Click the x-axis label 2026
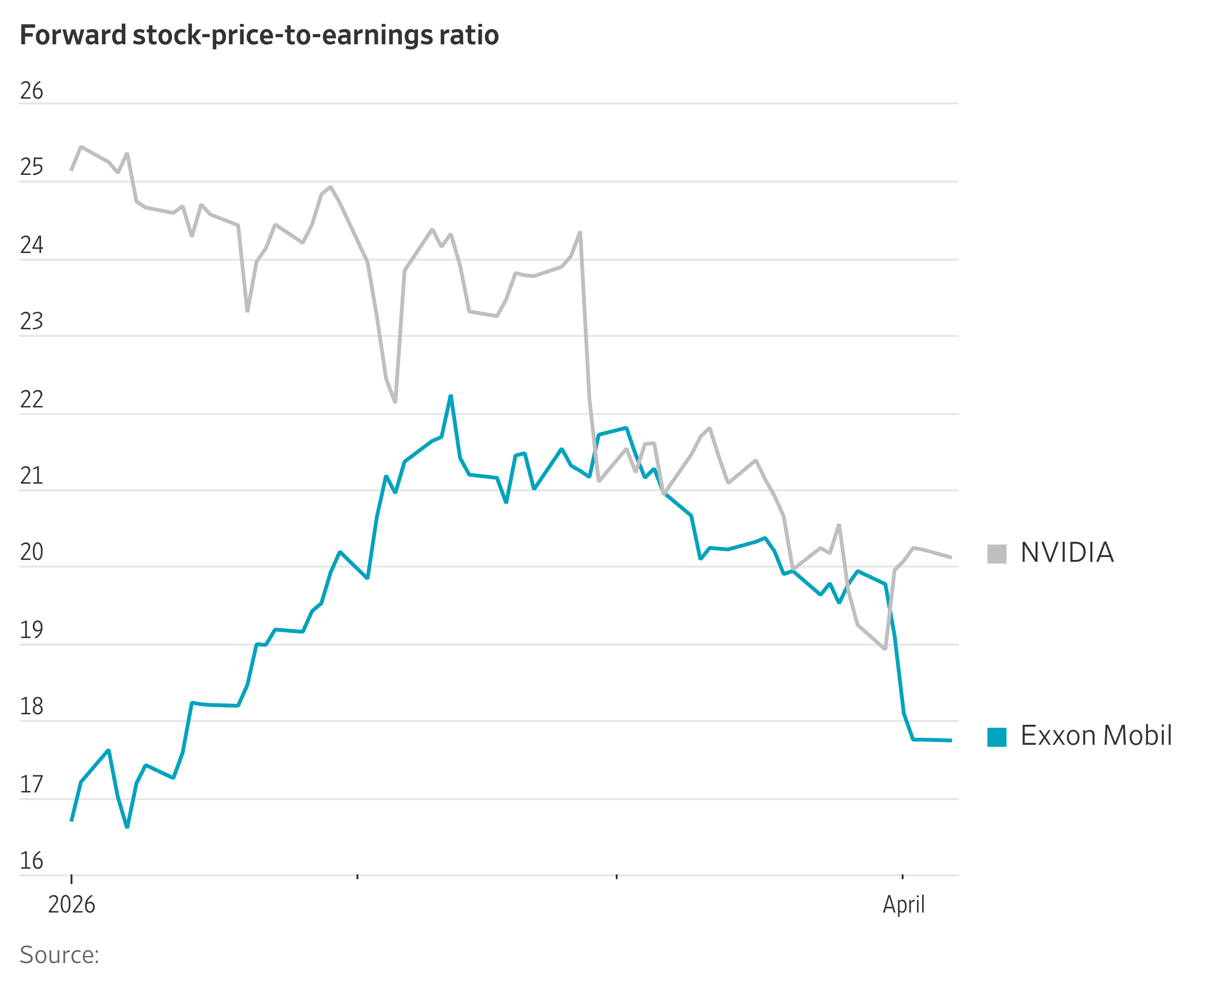(71, 904)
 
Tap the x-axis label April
(904, 904)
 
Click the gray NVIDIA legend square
(996, 554)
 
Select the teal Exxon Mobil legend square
(996, 737)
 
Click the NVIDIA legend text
(1067, 553)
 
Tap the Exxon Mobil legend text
(1096, 736)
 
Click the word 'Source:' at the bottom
(60, 955)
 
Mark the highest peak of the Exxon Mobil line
(451, 396)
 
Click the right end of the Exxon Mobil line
(951, 741)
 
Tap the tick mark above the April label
(903, 877)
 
